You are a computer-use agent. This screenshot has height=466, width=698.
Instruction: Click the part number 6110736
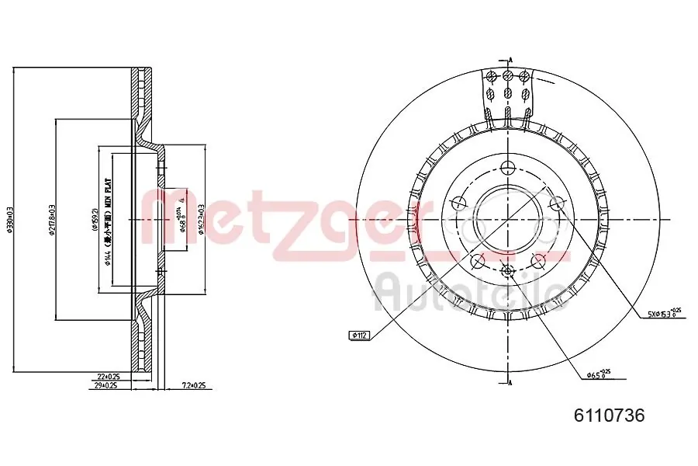[x=609, y=416]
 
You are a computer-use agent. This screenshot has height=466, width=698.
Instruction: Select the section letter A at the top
[x=510, y=60]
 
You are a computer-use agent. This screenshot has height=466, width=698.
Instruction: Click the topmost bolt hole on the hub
[x=508, y=167]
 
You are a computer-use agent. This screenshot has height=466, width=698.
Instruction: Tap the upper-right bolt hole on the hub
[x=555, y=203]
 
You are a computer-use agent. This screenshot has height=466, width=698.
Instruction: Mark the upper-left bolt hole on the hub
[x=458, y=203]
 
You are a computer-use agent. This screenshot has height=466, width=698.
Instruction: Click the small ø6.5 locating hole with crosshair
[x=508, y=270]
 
